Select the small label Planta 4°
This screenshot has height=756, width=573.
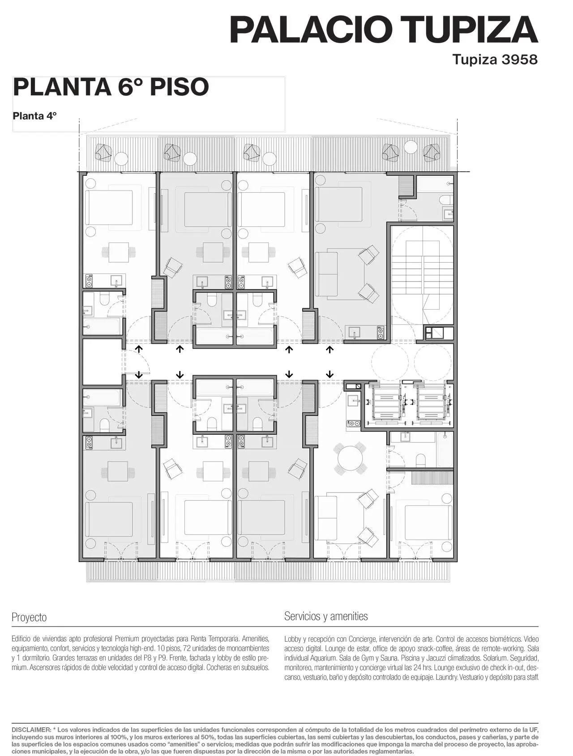tap(35, 116)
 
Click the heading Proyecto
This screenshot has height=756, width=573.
tap(29, 617)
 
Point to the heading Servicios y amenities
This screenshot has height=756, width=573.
tap(326, 616)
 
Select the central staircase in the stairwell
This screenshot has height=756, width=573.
tap(423, 275)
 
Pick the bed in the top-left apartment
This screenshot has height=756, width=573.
tap(109, 207)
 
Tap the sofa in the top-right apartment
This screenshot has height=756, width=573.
tap(326, 275)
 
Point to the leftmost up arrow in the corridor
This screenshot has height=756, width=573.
tap(139, 349)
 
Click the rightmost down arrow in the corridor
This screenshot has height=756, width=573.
tap(330, 374)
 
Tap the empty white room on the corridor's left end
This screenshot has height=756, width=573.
tap(103, 362)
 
